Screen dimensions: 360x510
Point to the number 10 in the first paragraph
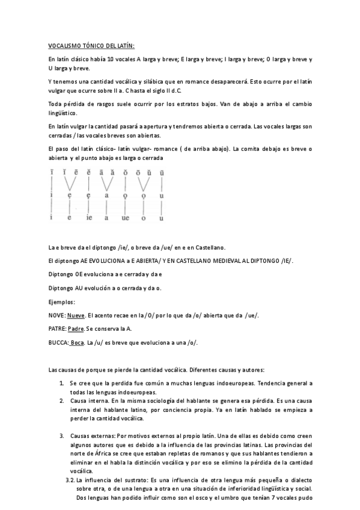[x=111, y=60]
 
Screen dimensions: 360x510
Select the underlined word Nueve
[x=76, y=315]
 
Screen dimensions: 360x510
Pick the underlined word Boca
[x=77, y=343]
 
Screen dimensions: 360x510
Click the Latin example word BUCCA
[x=58, y=343]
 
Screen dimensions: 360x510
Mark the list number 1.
[x=62, y=382]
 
